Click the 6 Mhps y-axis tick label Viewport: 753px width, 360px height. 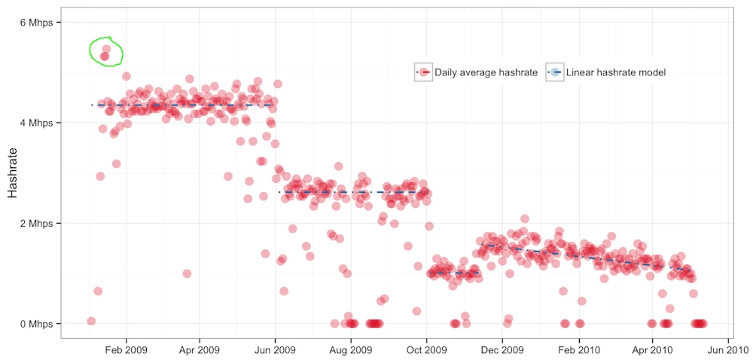(x=35, y=23)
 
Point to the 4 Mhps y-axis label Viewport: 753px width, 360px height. (x=35, y=123)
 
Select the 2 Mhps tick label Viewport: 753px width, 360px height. (x=35, y=224)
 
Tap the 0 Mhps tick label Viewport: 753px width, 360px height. (x=35, y=324)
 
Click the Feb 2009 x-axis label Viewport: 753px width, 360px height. (x=127, y=349)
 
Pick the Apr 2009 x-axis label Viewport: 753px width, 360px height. (x=199, y=349)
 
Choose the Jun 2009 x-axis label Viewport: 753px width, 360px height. (x=275, y=349)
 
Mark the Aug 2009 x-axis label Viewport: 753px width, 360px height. (x=351, y=349)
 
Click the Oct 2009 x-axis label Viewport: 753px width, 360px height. (x=427, y=349)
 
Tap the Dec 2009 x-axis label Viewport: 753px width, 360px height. (x=502, y=349)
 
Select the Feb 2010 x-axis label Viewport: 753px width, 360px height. (x=579, y=349)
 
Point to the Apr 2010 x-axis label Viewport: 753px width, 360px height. (x=652, y=349)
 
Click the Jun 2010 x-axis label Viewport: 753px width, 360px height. (x=727, y=349)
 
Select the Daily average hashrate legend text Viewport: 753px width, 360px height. (x=486, y=72)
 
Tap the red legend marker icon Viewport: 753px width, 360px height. (x=423, y=72)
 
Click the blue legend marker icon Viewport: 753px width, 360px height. (x=555, y=72)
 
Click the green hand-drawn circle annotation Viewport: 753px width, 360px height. (x=105, y=51)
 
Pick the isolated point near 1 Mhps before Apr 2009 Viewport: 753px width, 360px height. (x=187, y=273)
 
